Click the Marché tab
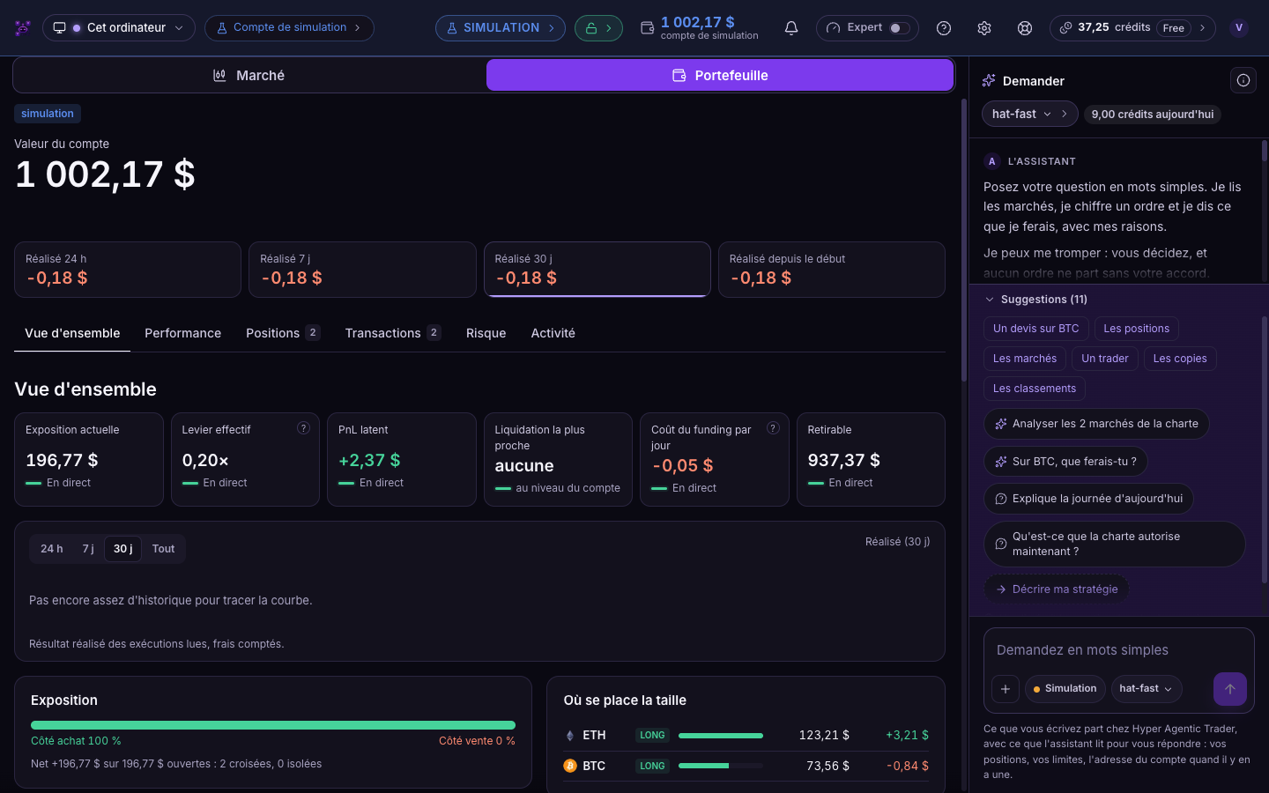point(249,76)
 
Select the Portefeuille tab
point(719,76)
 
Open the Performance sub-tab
point(182,333)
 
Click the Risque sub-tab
point(486,333)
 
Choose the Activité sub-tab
point(553,333)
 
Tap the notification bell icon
point(790,28)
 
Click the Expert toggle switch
point(900,28)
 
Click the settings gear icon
point(984,28)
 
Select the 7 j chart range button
point(88,548)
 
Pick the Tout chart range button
point(163,548)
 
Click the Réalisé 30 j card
point(597,269)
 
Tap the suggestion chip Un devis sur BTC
point(1035,329)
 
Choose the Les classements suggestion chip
point(1034,389)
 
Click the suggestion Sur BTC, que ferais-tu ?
point(1065,462)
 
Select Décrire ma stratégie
point(1056,589)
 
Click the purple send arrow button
point(1229,689)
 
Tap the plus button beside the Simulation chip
point(1005,689)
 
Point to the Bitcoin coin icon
point(570,766)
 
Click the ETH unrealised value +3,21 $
point(907,735)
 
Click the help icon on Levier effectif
point(303,428)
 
